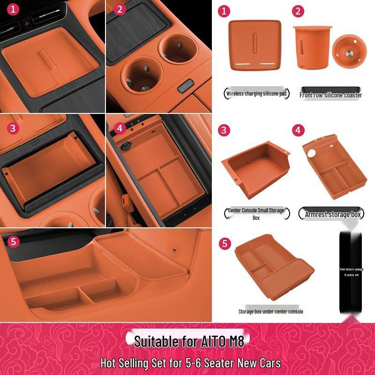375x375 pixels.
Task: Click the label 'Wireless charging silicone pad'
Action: tap(256, 93)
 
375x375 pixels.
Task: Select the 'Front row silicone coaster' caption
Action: tap(331, 95)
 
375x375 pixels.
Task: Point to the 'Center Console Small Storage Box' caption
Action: tap(256, 214)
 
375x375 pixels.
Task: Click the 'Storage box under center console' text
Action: tap(270, 311)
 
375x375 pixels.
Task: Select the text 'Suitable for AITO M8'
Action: tap(189, 341)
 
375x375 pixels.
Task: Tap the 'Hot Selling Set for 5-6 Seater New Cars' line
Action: tap(190, 363)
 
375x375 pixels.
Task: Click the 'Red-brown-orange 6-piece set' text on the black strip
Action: tap(351, 272)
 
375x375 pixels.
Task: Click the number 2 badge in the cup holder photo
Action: tap(120, 9)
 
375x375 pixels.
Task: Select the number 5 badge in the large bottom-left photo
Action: tap(14, 241)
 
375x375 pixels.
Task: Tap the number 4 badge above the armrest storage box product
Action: tap(298, 130)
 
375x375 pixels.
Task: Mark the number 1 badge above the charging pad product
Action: tap(225, 11)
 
